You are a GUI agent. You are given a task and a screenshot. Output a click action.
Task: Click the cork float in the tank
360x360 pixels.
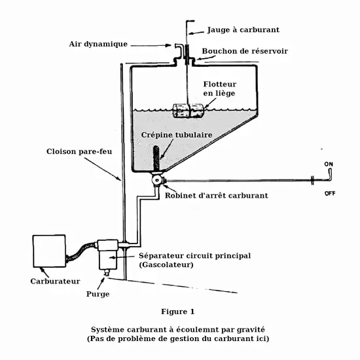(188, 111)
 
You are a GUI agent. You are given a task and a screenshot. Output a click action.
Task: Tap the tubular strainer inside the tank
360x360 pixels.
(156, 158)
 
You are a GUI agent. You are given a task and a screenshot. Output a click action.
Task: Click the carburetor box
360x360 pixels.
(49, 251)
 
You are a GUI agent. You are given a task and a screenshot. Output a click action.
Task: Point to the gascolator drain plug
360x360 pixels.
(107, 273)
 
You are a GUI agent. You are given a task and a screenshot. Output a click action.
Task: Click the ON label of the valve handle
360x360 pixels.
(329, 164)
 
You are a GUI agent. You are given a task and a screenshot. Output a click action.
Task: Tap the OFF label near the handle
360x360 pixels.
(330, 193)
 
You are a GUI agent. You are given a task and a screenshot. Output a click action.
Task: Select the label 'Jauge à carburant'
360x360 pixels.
(243, 30)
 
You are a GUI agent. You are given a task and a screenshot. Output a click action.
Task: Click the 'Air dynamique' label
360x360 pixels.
(98, 44)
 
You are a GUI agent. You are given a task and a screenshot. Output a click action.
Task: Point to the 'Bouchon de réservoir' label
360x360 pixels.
(245, 51)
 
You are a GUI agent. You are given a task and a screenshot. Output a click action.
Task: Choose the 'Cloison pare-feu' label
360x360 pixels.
(79, 152)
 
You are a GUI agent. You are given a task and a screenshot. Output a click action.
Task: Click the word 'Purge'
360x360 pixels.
(98, 294)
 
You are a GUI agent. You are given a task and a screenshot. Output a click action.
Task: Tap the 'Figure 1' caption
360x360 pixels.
(177, 312)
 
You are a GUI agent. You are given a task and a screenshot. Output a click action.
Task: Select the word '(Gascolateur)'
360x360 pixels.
(166, 264)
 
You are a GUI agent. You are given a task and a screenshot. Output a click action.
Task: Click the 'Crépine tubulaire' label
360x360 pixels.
(177, 135)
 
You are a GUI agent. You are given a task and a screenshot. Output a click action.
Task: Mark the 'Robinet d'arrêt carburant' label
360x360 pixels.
(217, 196)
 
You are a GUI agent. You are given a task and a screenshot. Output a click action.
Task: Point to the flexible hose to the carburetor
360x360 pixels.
(82, 251)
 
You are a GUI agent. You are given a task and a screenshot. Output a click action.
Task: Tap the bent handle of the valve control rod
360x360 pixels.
(330, 175)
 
